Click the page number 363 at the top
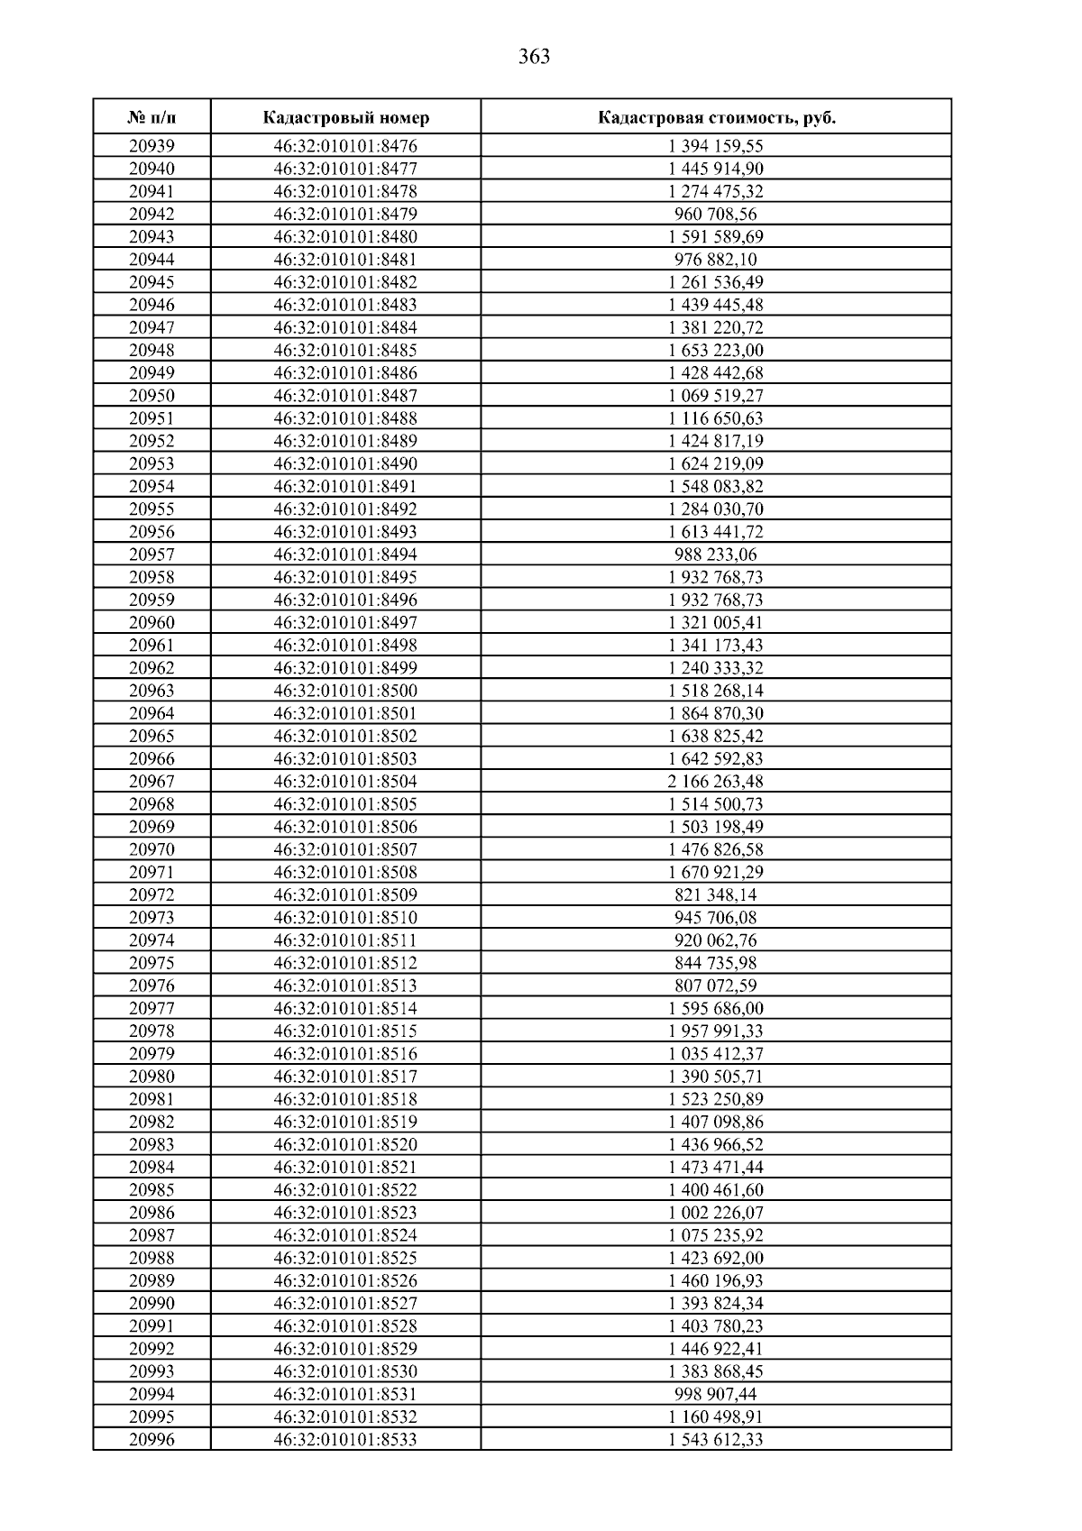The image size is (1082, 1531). click(535, 58)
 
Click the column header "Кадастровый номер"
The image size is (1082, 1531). click(346, 118)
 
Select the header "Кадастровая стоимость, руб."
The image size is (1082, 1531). click(716, 118)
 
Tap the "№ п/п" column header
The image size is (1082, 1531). click(151, 118)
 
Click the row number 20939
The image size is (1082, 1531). click(151, 146)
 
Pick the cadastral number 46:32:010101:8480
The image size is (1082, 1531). click(345, 237)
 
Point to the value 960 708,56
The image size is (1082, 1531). click(716, 215)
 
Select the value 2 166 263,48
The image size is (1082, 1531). click(716, 782)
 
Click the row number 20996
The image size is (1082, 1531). click(151, 1440)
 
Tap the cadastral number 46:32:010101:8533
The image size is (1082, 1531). click(345, 1440)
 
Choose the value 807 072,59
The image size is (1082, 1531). click(716, 986)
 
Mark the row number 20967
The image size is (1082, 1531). click(151, 782)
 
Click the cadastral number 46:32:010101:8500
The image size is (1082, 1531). click(345, 691)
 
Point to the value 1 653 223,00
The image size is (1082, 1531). click(716, 351)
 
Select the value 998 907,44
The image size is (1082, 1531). click(716, 1394)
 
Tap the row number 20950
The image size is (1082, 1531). click(151, 396)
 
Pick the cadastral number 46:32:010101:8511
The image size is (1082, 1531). click(345, 940)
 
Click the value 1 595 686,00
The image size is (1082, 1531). click(716, 1009)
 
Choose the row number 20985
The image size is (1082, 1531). click(151, 1190)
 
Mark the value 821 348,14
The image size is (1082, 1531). click(716, 895)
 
